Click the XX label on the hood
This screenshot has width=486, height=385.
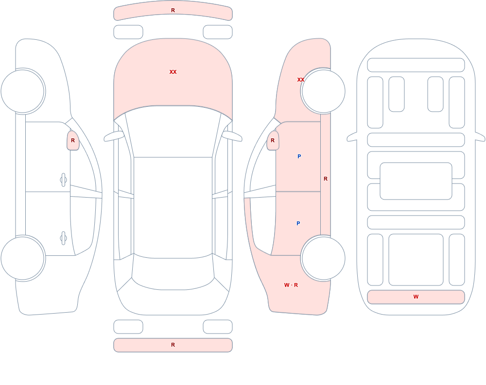pyautogui.click(x=173, y=72)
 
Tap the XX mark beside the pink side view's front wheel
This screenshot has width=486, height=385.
pyautogui.click(x=300, y=80)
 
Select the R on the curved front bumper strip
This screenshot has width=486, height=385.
pyautogui.click(x=173, y=10)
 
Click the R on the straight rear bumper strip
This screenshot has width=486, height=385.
pyautogui.click(x=173, y=345)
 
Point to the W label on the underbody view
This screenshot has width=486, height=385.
pyautogui.click(x=416, y=297)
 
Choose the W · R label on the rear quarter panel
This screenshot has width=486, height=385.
pyautogui.click(x=291, y=285)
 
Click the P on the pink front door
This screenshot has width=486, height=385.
pyautogui.click(x=299, y=156)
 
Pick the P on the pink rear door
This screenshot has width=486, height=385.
pyautogui.click(x=298, y=223)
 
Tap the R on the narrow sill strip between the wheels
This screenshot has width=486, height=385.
pyautogui.click(x=326, y=179)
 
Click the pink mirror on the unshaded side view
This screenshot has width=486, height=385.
pyautogui.click(x=73, y=141)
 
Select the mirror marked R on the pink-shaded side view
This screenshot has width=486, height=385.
pyautogui.click(x=273, y=141)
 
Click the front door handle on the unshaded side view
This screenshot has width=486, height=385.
pyautogui.click(x=64, y=180)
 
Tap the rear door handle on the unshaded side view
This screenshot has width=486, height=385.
pyautogui.click(x=64, y=238)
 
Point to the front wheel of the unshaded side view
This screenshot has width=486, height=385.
pyautogui.click(x=23, y=91)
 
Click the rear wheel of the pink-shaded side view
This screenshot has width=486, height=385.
pyautogui.click(x=323, y=258)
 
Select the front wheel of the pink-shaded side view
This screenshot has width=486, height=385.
pyautogui.click(x=323, y=91)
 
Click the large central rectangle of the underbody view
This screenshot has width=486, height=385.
pyautogui.click(x=416, y=181)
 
